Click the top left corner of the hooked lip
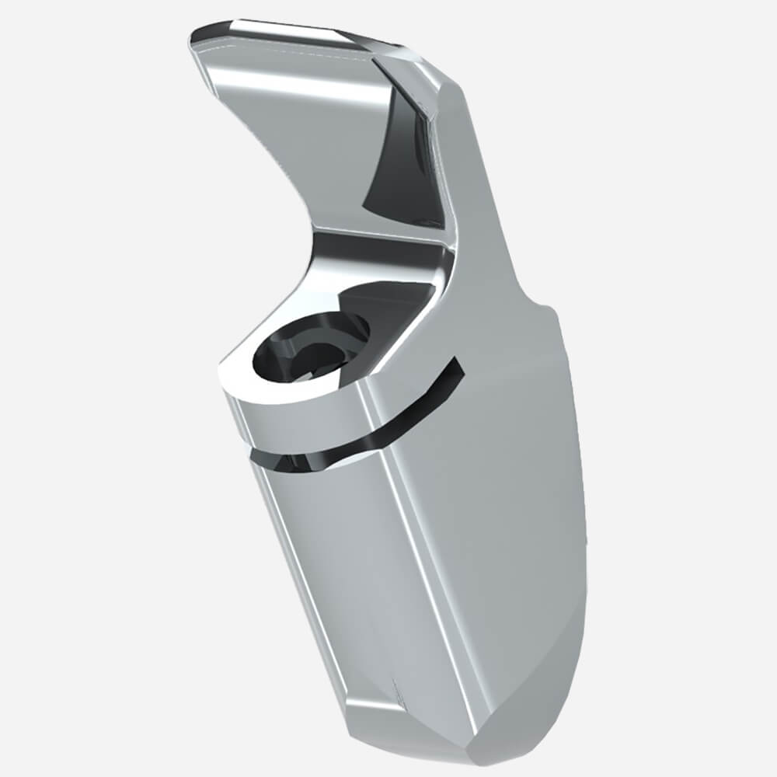(194, 39)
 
